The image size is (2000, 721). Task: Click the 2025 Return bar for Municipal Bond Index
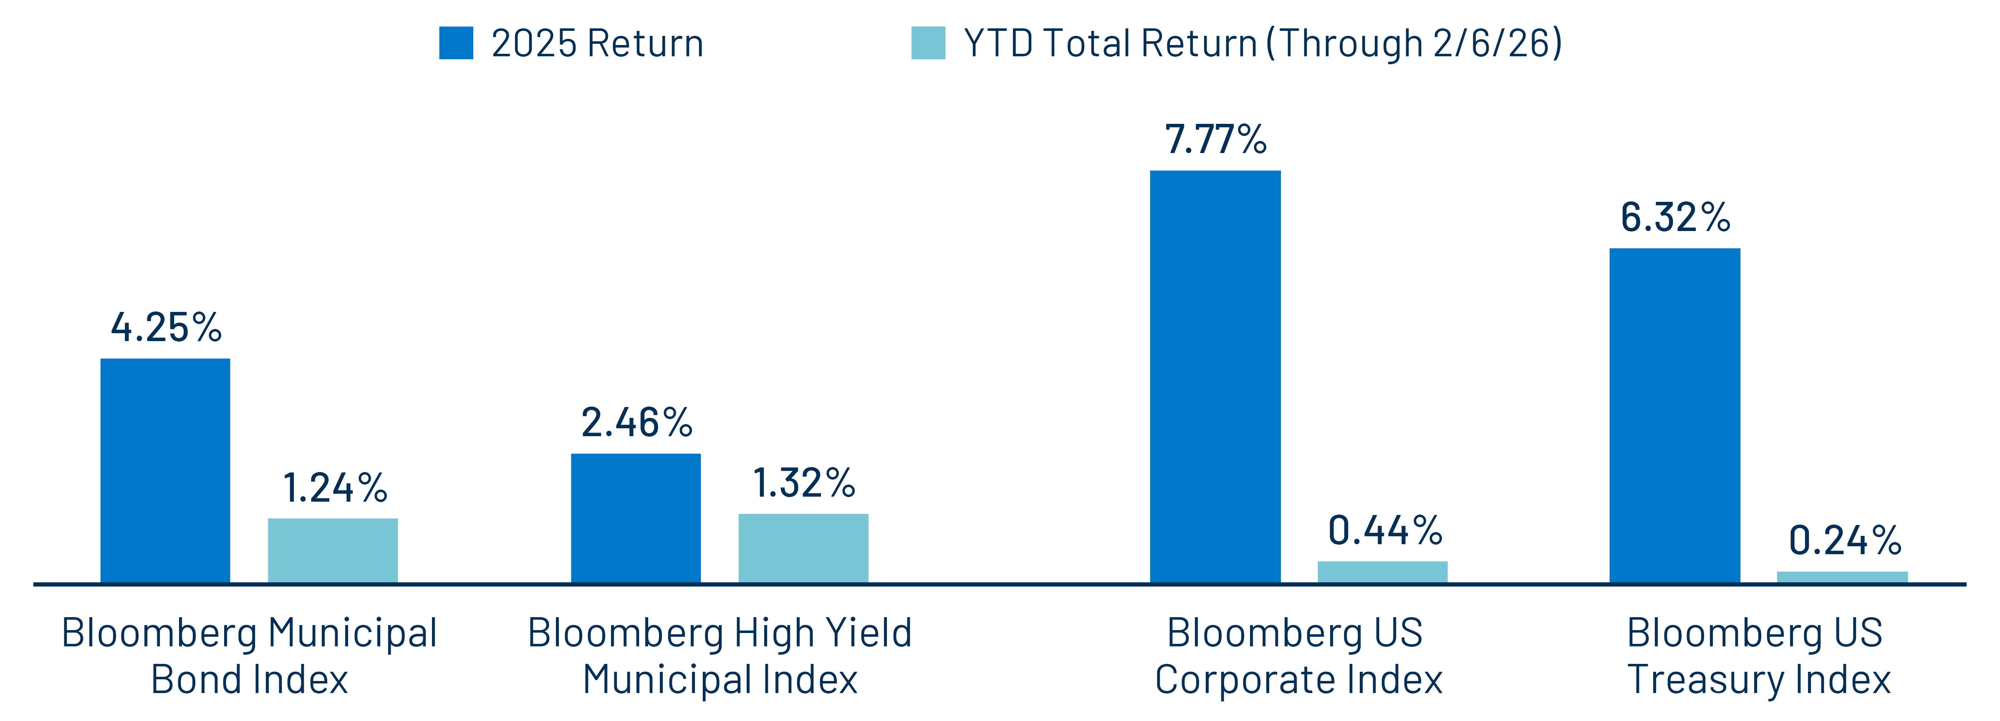tap(165, 470)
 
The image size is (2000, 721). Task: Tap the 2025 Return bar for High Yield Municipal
tap(636, 518)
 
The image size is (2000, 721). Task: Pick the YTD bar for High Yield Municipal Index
tap(803, 548)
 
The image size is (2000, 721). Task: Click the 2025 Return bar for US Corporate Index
tap(1215, 377)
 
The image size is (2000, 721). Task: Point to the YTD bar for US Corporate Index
tap(1382, 572)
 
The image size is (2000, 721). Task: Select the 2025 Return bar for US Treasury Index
tap(1675, 415)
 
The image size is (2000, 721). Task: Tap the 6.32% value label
tap(1675, 217)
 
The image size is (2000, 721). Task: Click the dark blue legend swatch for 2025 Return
tap(456, 43)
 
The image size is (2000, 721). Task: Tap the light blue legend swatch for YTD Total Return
tap(928, 43)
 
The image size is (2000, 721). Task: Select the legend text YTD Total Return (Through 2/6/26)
tap(1263, 43)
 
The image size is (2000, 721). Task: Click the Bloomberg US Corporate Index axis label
tap(1297, 656)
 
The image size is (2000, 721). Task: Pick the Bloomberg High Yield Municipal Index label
tap(720, 656)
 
